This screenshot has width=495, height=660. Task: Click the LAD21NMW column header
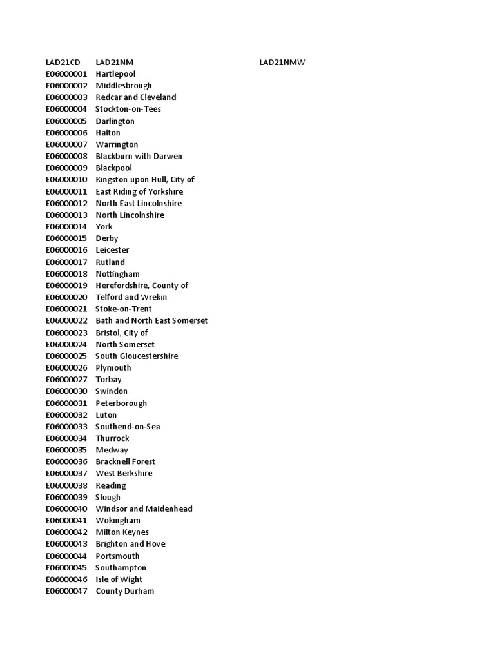coord(282,62)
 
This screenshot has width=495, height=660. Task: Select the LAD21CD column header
coord(63,62)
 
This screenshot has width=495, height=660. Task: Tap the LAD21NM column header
coord(114,62)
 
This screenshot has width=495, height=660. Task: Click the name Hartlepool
coord(115,74)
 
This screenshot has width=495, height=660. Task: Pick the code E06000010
coord(66,179)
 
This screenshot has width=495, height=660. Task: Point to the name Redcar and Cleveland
coord(135,97)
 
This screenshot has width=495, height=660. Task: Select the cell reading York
coord(104,226)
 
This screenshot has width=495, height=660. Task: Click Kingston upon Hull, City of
coord(145,179)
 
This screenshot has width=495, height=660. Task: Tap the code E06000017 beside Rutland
coord(66,262)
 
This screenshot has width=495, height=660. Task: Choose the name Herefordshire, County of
coord(142,286)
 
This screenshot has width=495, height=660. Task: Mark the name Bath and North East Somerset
coord(151,320)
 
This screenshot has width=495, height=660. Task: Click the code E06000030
coord(66,391)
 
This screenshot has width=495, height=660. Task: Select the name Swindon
coord(112,391)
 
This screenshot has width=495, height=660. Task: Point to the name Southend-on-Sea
coord(128,427)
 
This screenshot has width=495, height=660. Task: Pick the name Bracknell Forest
coord(125,461)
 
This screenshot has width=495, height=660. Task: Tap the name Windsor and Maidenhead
coord(144,509)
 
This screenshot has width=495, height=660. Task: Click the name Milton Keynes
coord(122,532)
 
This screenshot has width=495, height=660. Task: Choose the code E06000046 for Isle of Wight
coord(66,579)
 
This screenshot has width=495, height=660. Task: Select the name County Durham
coord(124,591)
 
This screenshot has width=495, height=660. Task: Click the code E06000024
coord(66,344)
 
